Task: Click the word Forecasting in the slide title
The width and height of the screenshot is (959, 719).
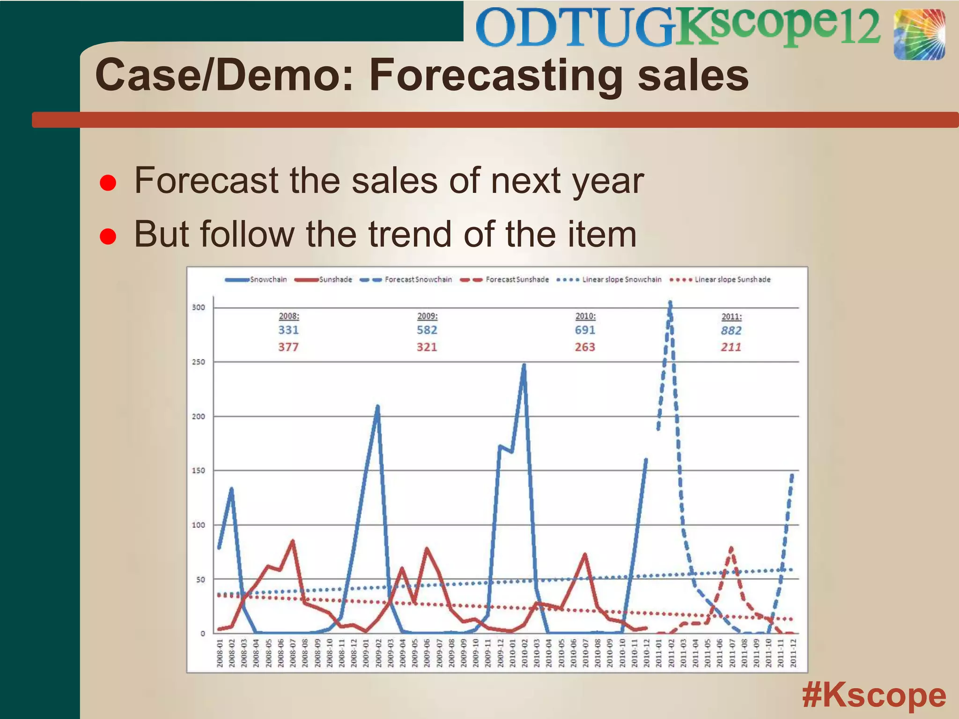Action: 496,76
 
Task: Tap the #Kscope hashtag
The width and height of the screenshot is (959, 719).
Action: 874,696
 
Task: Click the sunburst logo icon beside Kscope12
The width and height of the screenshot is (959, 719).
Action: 919,35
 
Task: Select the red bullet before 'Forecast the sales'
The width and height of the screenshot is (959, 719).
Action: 108,183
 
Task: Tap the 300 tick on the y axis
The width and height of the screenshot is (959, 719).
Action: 199,308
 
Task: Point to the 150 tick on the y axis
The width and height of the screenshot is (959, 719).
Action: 199,470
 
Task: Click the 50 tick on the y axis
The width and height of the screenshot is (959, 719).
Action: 200,580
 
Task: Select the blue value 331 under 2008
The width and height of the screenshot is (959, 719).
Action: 288,330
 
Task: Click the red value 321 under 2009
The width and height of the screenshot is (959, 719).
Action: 427,347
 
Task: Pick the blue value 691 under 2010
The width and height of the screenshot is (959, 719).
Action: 585,330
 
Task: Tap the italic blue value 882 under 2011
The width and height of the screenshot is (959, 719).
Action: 731,330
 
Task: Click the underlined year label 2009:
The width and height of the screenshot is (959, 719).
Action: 427,316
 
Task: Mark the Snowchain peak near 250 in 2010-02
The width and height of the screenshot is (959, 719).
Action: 524,365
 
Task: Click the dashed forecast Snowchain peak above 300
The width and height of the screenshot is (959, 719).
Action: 670,303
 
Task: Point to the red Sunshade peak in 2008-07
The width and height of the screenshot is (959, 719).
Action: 293,542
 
